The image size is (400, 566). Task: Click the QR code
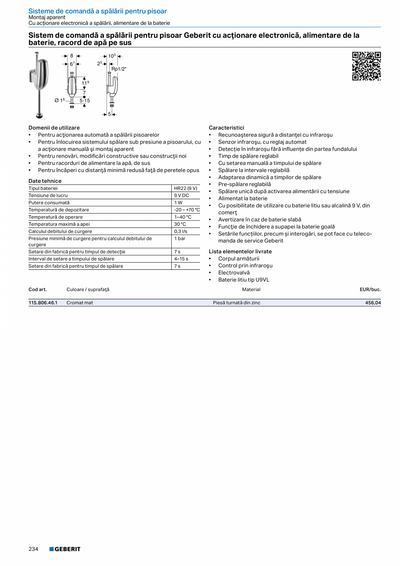(x=366, y=66)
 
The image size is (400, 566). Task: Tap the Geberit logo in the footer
(x=65, y=549)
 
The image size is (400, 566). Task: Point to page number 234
(x=33, y=549)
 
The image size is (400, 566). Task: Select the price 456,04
(x=373, y=303)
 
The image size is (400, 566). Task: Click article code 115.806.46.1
(x=43, y=303)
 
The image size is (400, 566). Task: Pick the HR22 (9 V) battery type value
(x=186, y=188)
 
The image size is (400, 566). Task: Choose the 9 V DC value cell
(x=182, y=196)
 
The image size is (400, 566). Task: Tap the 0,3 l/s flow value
(x=181, y=231)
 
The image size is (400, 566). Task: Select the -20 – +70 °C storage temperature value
(x=187, y=210)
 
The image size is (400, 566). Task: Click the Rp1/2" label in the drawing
(x=119, y=69)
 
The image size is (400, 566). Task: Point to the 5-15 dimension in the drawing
(x=85, y=100)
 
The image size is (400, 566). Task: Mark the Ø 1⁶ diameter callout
(x=60, y=100)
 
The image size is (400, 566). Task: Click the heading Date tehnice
(x=45, y=181)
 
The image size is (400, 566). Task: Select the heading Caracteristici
(x=227, y=128)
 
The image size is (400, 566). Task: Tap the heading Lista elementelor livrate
(x=240, y=251)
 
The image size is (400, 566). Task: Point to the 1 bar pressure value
(x=180, y=238)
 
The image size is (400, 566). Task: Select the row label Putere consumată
(x=49, y=203)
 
